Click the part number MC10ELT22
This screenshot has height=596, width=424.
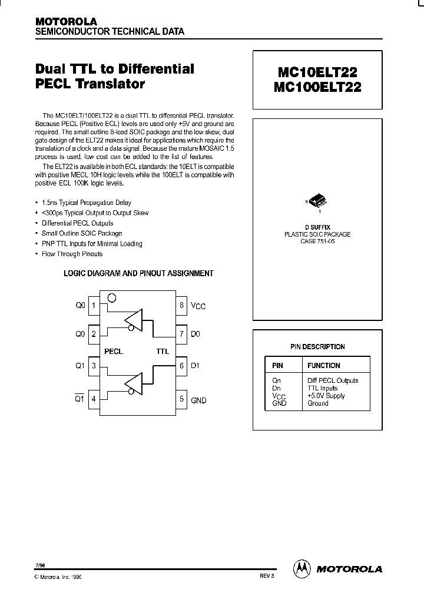[x=317, y=71]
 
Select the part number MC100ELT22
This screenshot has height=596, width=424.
[x=317, y=87]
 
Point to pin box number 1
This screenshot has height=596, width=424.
[x=93, y=306]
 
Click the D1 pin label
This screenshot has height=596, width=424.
[x=196, y=365]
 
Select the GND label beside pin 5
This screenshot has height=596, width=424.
[x=198, y=400]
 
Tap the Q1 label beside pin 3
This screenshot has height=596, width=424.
[x=80, y=365]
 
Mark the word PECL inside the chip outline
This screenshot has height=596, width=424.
[x=114, y=352]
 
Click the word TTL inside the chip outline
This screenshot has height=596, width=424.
[x=163, y=352]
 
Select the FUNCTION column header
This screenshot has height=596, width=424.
[x=323, y=366]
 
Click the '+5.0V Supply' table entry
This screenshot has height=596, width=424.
[x=326, y=396]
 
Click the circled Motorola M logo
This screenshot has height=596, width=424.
[x=302, y=569]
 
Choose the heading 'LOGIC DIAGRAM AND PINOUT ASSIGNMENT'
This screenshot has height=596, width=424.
[x=138, y=273]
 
